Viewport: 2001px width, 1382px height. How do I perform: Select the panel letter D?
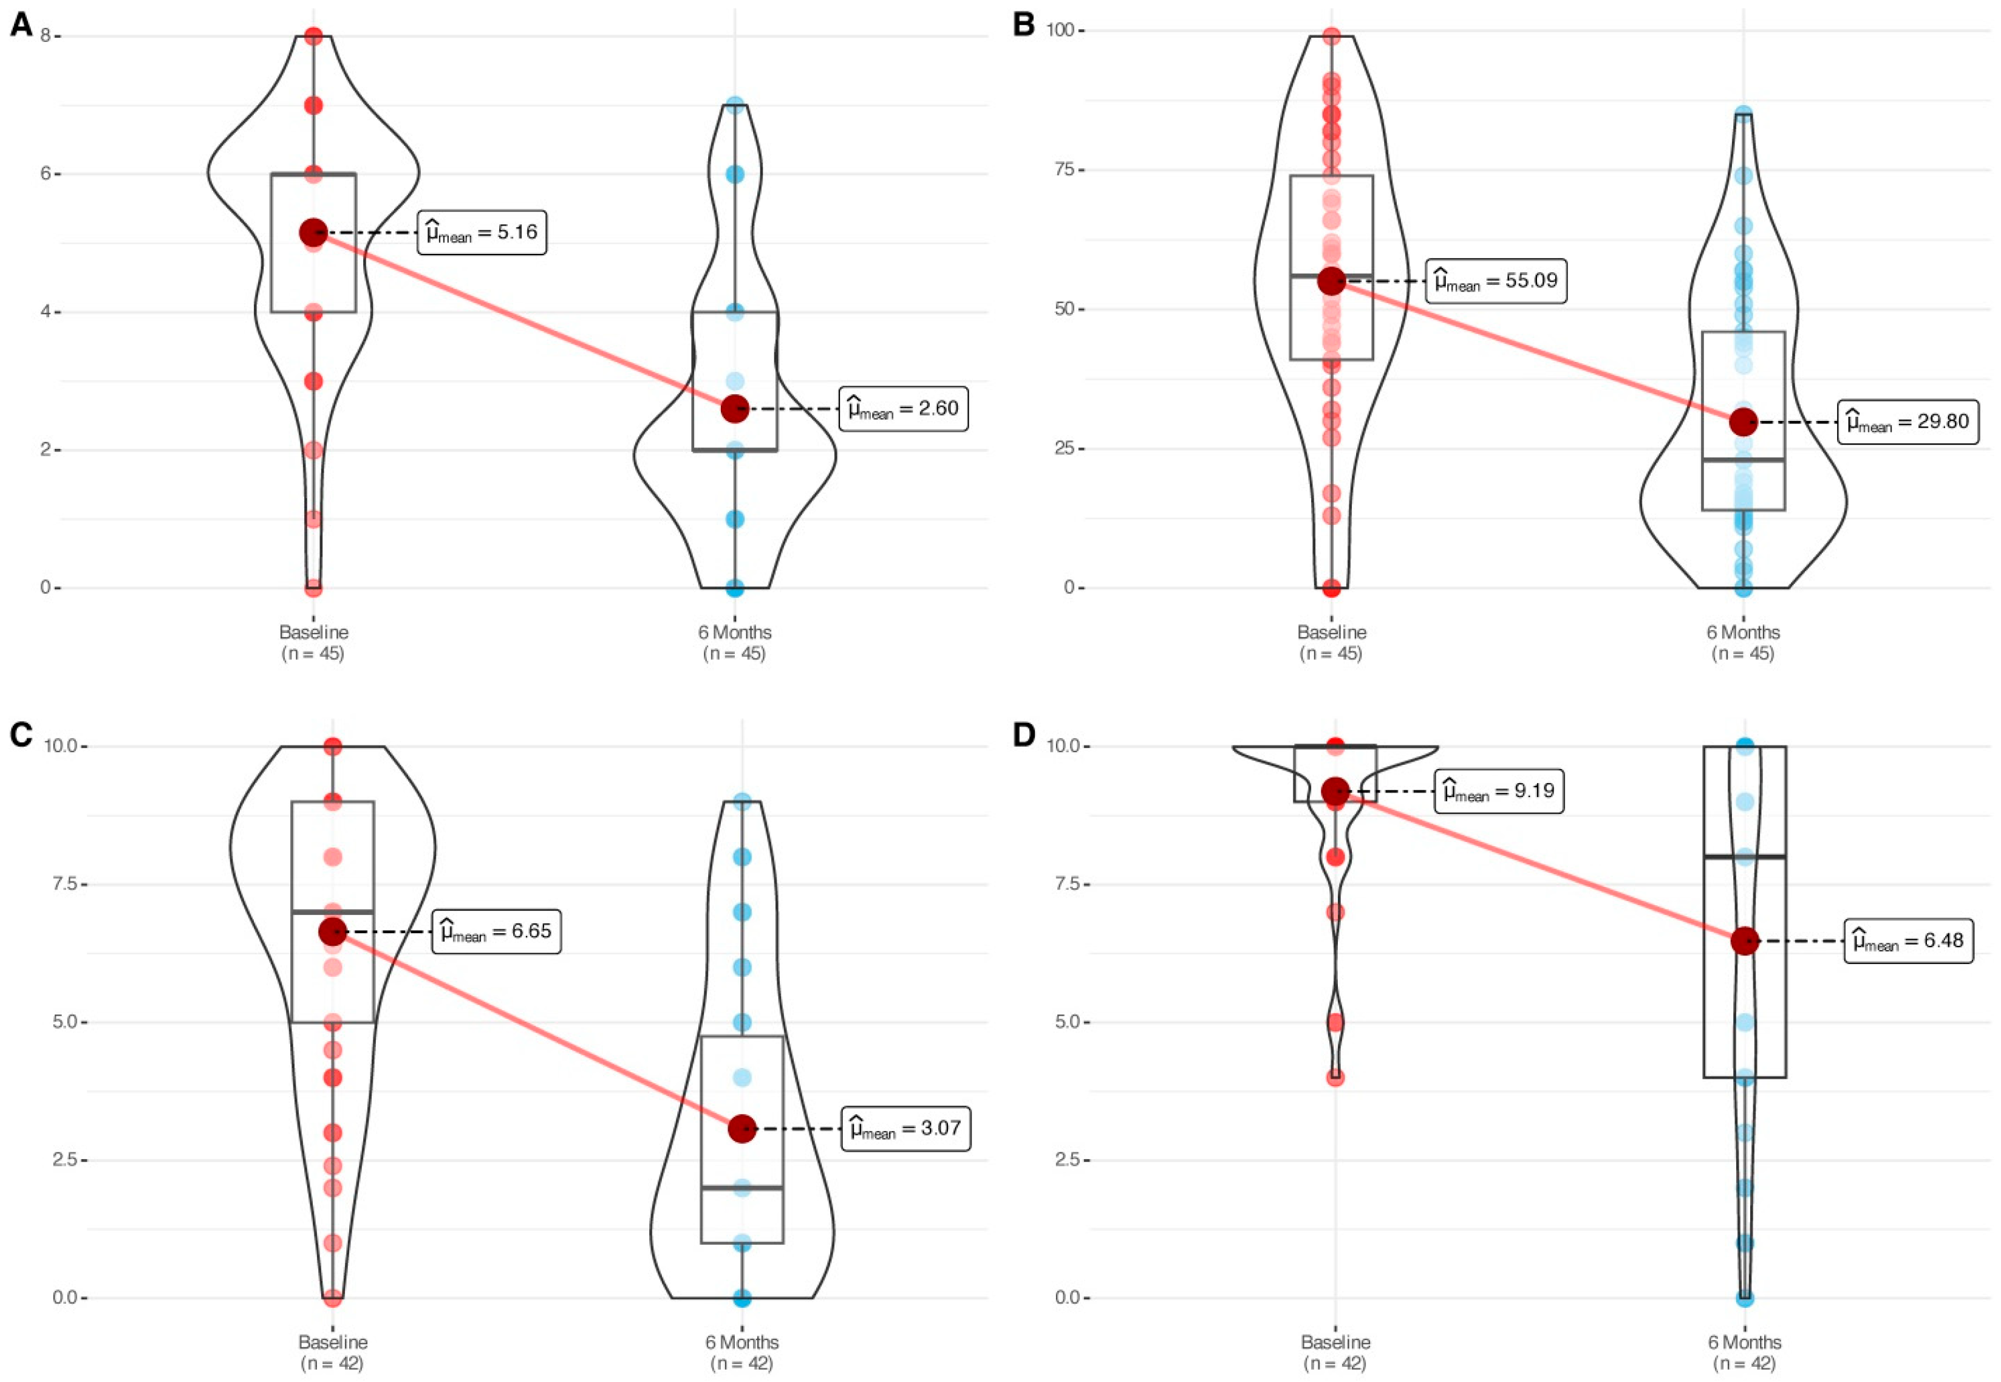pyautogui.click(x=1024, y=734)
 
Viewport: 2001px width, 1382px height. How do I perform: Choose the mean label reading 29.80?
pyautogui.click(x=1907, y=422)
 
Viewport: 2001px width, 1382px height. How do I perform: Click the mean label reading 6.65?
pyautogui.click(x=496, y=932)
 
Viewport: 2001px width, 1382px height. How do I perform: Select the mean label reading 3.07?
pyautogui.click(x=905, y=1128)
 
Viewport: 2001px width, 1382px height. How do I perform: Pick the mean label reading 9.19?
pyautogui.click(x=1499, y=790)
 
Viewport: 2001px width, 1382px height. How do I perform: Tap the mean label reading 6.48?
pyautogui.click(x=1909, y=941)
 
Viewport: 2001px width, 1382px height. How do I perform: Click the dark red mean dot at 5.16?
pyautogui.click(x=313, y=232)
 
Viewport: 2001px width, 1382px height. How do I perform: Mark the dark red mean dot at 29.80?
pyautogui.click(x=1743, y=423)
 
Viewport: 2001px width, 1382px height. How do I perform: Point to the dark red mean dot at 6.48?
pyautogui.click(x=1745, y=941)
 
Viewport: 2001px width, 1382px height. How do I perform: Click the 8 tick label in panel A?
pyautogui.click(x=47, y=36)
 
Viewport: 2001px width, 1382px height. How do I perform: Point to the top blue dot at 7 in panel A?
pyautogui.click(x=735, y=106)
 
